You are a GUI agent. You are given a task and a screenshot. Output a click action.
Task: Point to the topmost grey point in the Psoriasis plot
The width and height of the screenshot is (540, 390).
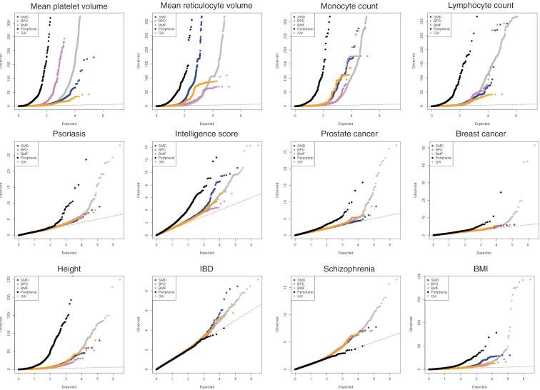120,145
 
